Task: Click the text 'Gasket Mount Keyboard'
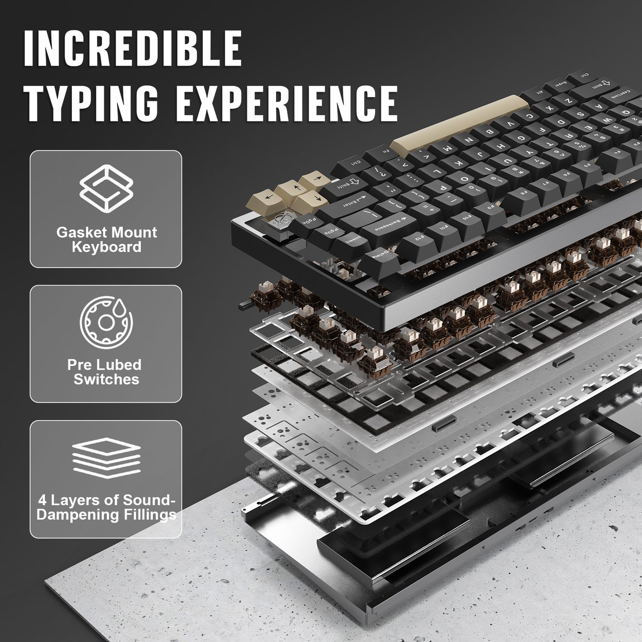[x=106, y=240]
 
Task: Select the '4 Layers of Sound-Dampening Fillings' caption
[x=106, y=507]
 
